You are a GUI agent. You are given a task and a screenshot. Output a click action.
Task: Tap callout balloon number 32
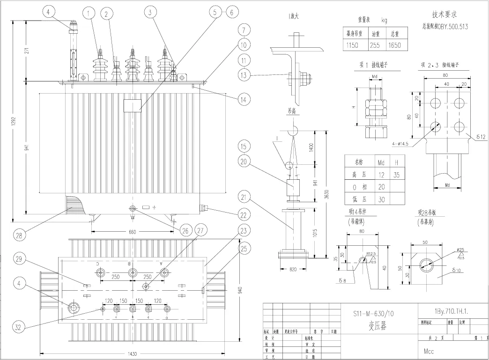pos(18,328)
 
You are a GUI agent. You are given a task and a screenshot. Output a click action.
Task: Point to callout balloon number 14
pos(244,99)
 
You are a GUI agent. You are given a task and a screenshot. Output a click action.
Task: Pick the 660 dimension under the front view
pos(132,232)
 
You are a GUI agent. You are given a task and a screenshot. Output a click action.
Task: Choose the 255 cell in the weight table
pos(375,46)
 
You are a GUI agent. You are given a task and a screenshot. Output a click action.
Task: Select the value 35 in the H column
pos(397,175)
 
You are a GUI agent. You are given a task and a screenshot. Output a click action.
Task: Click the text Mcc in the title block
pos(430,350)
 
